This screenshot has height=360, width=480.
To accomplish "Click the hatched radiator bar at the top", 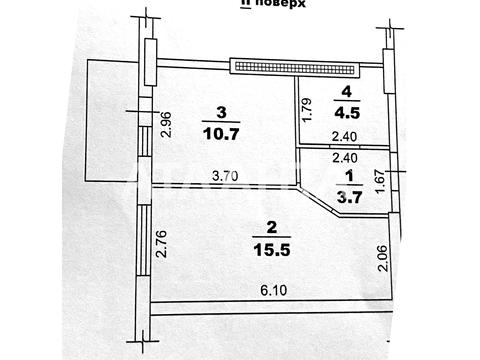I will pyautogui.click(x=294, y=67).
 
